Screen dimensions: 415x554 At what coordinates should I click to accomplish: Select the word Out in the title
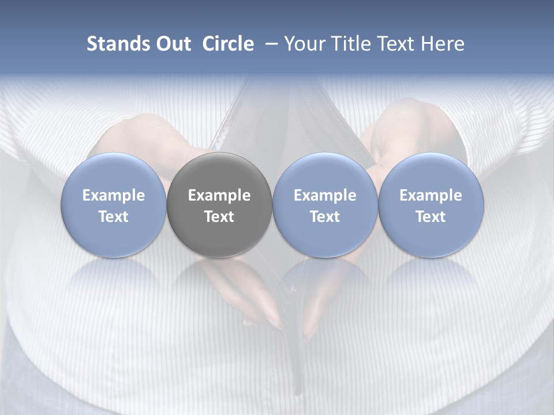click(x=171, y=44)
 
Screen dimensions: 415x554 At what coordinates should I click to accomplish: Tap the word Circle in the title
click(x=228, y=44)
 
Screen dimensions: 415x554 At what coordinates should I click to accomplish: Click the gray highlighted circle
click(x=219, y=205)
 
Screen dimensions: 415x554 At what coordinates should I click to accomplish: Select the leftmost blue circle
click(x=114, y=205)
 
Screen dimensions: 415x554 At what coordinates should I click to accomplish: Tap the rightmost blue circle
click(x=431, y=205)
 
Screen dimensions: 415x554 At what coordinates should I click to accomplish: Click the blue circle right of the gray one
click(x=325, y=205)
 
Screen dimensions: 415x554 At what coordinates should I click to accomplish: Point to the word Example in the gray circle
click(x=219, y=195)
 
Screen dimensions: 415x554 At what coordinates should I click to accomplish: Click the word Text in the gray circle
click(x=219, y=217)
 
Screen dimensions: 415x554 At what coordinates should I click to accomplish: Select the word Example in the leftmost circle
click(x=114, y=195)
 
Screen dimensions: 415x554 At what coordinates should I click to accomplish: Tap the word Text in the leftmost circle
click(x=114, y=217)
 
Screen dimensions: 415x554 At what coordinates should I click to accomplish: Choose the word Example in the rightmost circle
click(x=431, y=195)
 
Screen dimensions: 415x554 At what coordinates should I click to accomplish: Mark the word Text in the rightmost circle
click(x=431, y=217)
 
